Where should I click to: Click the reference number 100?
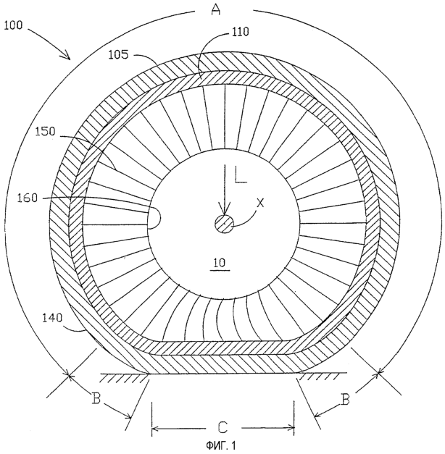point(13,25)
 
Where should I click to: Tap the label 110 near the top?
point(240,32)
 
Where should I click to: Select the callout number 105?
point(118,55)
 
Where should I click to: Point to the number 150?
point(45,132)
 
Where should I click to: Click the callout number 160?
point(28,198)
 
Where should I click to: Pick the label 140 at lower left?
point(52,318)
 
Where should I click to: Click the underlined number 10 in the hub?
point(220,263)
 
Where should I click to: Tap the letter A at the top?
point(216,9)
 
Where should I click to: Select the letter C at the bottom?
point(222,428)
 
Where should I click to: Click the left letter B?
point(96,399)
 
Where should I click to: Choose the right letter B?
point(345,400)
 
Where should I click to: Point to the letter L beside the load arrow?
point(241,174)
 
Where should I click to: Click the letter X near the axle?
point(261,203)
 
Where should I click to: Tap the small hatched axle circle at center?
point(225,224)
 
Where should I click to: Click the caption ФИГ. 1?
point(220,445)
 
